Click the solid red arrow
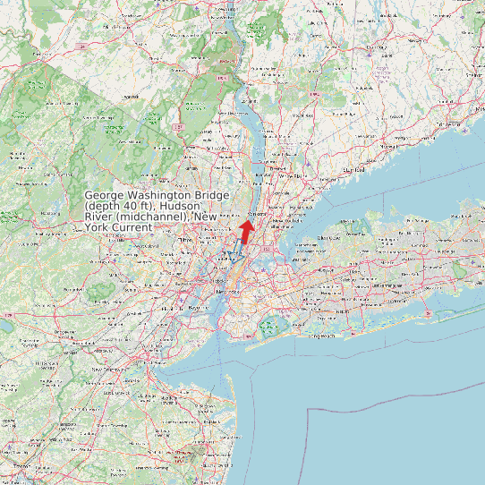[x=245, y=233]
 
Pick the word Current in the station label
[x=132, y=227]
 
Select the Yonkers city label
[x=258, y=215]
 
